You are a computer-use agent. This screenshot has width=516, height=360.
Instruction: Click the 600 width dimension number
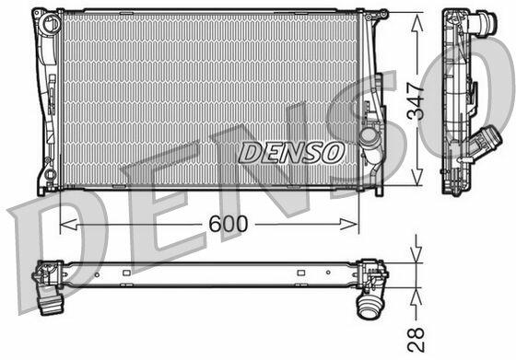point(229,224)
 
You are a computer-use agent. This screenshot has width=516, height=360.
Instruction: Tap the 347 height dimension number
point(416,100)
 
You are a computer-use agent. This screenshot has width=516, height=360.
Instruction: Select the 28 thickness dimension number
point(416,340)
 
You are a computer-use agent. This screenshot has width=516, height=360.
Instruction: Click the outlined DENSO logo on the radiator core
point(291,153)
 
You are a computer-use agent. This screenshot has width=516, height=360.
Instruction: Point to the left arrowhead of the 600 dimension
point(68,225)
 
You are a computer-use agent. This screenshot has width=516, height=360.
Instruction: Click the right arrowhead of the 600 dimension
point(349,225)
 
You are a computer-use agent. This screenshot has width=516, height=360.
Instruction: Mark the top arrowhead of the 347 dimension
point(416,22)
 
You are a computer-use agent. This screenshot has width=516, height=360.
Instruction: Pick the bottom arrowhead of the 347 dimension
point(416,176)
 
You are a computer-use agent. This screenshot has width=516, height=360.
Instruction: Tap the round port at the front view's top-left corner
point(52,23)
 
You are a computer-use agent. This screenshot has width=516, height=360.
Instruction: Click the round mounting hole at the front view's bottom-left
point(50,174)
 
